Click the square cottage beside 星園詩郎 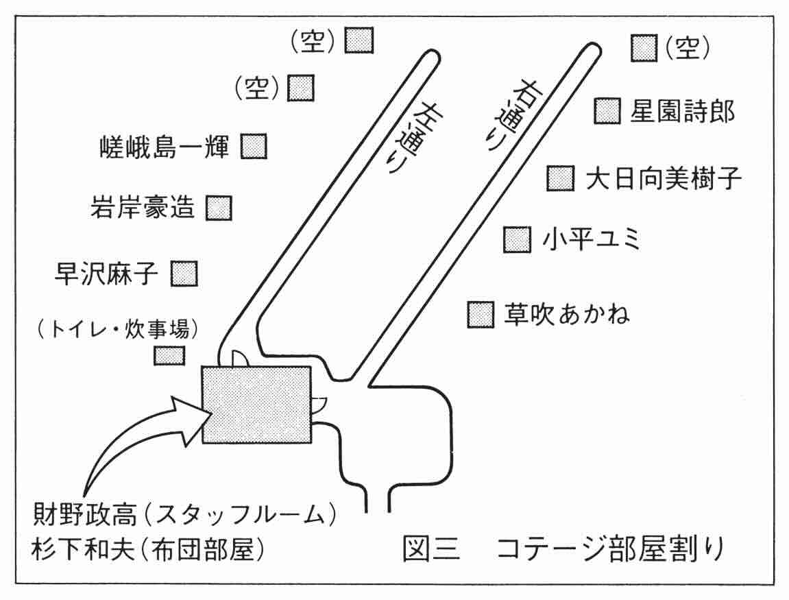(607, 111)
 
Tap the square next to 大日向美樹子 (561, 178)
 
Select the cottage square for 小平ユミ (518, 239)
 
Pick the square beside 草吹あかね (481, 314)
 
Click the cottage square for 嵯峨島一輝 (254, 147)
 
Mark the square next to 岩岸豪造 (219, 208)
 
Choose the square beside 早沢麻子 (184, 274)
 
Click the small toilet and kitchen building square (168, 355)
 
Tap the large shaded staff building (256, 405)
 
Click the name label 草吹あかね (567, 314)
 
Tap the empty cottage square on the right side (643, 48)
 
